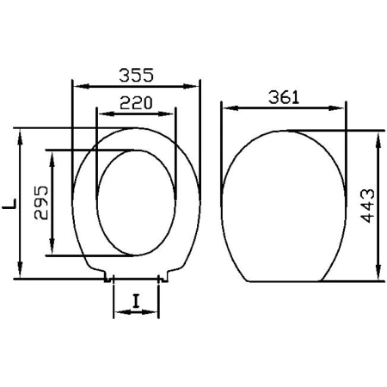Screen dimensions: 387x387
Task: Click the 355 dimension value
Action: click(x=136, y=75)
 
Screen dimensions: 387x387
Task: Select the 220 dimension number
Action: click(x=136, y=103)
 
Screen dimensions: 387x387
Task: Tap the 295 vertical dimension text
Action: click(x=41, y=203)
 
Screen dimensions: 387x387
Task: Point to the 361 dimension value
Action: click(x=284, y=97)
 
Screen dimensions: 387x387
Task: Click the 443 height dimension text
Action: click(x=368, y=206)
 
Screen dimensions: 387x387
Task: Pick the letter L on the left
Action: click(x=9, y=203)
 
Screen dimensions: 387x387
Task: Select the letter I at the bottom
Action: click(x=137, y=302)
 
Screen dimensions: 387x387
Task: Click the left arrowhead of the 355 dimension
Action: click(x=82, y=86)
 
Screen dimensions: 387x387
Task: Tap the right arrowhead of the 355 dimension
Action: click(x=191, y=86)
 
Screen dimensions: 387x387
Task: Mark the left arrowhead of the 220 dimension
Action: click(x=107, y=114)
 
